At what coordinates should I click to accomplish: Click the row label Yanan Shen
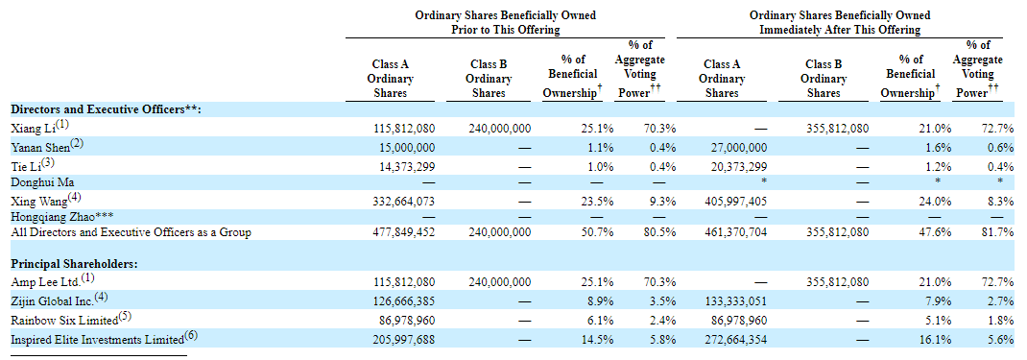(x=40, y=147)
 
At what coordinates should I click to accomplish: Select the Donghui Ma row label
(x=42, y=183)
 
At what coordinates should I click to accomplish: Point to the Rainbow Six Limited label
(x=65, y=321)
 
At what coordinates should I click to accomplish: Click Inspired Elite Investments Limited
(x=98, y=339)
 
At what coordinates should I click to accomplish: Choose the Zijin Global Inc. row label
(x=52, y=300)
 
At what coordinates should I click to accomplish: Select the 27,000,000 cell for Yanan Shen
(x=737, y=147)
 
